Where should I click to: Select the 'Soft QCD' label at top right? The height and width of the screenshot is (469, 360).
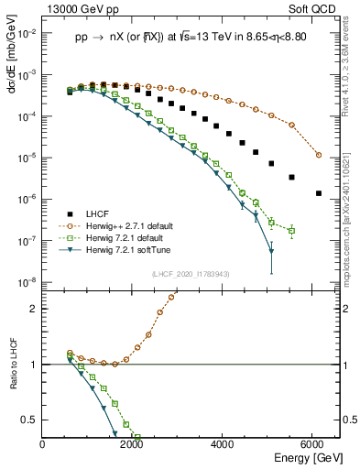(x=312, y=9)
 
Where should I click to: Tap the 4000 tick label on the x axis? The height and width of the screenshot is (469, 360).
(x=224, y=444)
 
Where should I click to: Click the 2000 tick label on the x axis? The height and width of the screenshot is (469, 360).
(x=134, y=444)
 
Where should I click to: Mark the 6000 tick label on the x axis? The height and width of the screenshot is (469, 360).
(x=315, y=444)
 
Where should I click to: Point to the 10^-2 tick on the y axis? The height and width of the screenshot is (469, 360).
(x=28, y=33)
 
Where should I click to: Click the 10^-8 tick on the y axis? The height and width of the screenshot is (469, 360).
(x=28, y=282)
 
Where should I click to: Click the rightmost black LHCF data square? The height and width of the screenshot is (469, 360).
(x=318, y=193)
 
